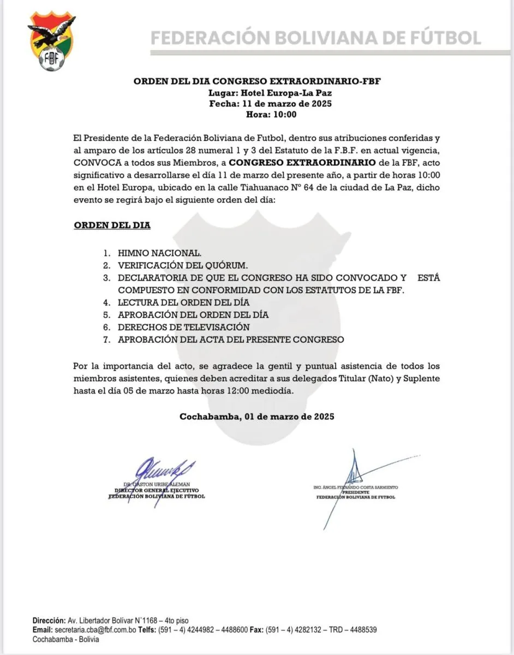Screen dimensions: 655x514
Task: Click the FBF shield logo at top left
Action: (x=52, y=43)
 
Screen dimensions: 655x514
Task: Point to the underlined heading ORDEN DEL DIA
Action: (x=112, y=225)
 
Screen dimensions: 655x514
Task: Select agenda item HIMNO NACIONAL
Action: (x=159, y=253)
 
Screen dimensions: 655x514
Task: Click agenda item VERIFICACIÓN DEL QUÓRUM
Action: (x=183, y=265)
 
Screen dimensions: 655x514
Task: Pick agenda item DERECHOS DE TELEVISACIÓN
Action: (x=183, y=327)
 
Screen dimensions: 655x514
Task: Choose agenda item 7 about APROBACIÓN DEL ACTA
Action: (x=231, y=340)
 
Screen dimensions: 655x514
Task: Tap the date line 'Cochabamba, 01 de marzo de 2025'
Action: (x=256, y=416)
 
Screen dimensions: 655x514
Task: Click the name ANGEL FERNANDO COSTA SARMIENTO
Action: (x=355, y=487)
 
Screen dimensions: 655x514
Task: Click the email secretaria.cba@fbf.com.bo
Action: (x=91, y=629)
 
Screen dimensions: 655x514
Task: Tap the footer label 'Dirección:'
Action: (x=49, y=621)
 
